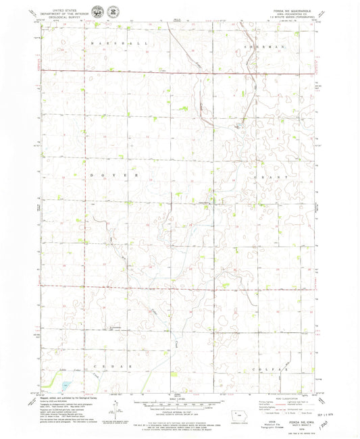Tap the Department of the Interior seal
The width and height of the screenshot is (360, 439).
[x=101, y=12]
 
